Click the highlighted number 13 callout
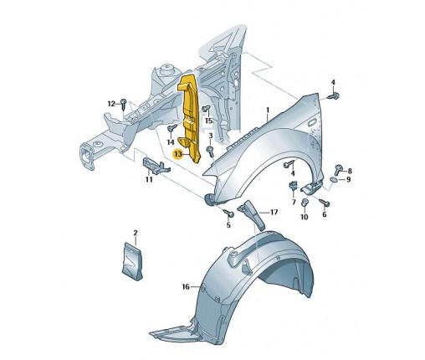[x=178, y=154]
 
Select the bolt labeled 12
[x=123, y=103]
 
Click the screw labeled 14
[x=172, y=129]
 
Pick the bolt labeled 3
[x=210, y=150]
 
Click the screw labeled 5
[x=229, y=213]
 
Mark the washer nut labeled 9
[x=334, y=179]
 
